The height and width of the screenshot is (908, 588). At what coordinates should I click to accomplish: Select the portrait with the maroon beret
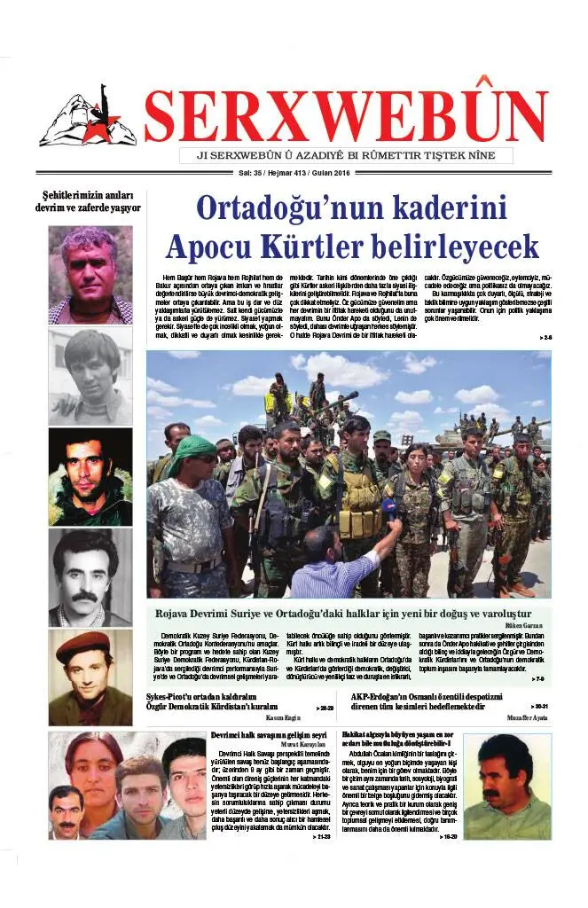point(90,677)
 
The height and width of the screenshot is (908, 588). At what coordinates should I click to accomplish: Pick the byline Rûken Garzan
point(529,625)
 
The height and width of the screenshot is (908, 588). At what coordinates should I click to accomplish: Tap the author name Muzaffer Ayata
point(529,716)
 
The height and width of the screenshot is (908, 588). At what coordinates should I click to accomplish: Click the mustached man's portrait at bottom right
point(506,786)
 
